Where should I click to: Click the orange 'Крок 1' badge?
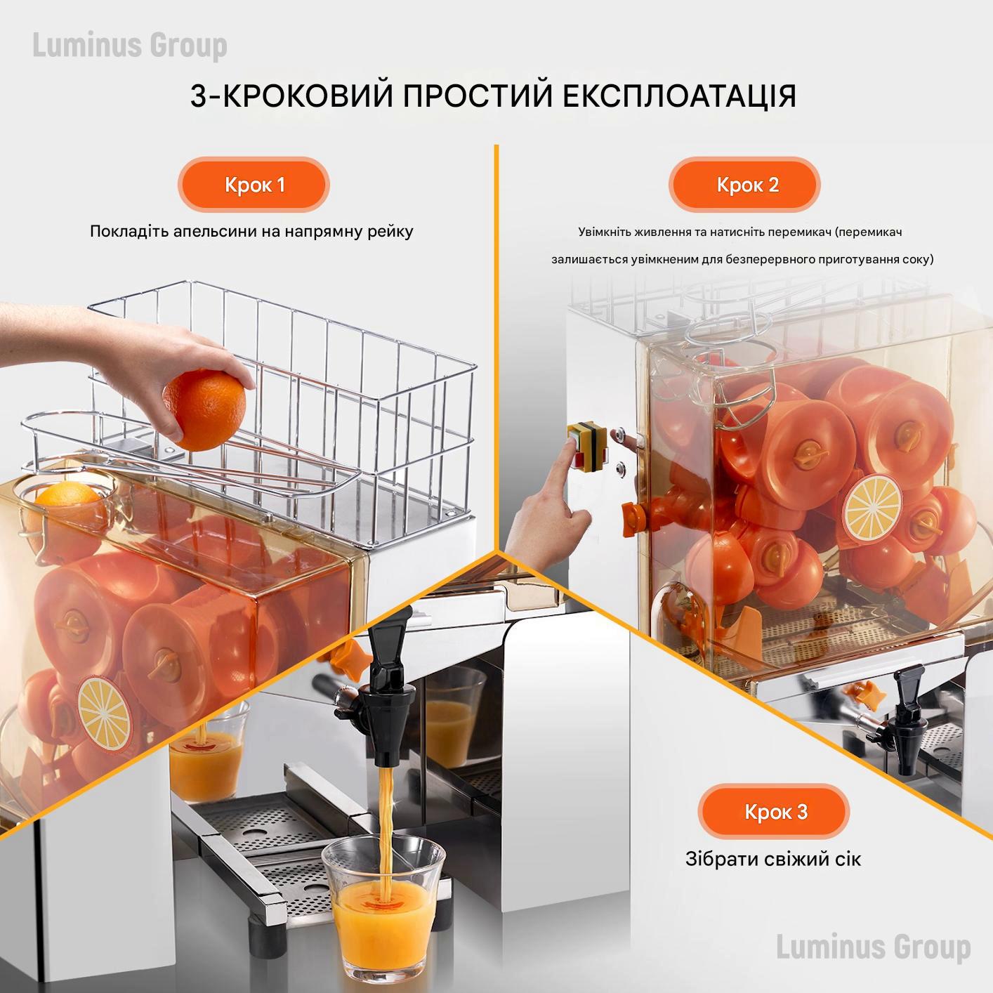(x=254, y=185)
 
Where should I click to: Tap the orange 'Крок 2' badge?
(x=747, y=185)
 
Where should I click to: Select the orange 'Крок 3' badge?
(x=775, y=812)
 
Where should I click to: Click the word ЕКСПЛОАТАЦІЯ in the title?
(x=680, y=97)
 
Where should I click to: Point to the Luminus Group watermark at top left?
(x=130, y=46)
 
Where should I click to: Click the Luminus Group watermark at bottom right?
(x=873, y=947)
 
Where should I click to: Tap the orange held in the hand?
(x=204, y=409)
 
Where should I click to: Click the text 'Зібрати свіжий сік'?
(x=772, y=859)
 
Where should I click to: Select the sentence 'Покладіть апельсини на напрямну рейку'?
(x=251, y=231)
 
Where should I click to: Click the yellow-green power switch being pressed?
(x=584, y=445)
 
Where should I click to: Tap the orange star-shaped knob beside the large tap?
(x=348, y=657)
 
